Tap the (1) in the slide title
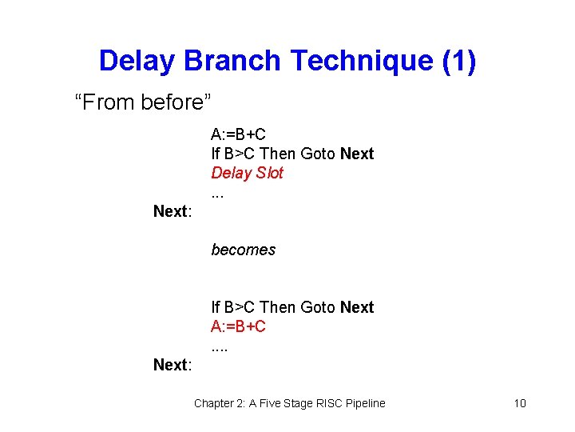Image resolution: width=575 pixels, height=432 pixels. [458, 61]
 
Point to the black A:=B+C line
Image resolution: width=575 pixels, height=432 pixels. [238, 134]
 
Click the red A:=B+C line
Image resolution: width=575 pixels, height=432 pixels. [238, 326]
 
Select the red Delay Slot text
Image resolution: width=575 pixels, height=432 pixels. [247, 173]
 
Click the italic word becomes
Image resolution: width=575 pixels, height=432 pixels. [243, 250]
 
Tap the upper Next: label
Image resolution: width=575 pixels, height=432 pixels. [172, 211]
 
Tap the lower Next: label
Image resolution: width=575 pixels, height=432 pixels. [172, 365]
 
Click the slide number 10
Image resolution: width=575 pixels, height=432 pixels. [520, 403]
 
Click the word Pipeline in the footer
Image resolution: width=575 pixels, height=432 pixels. [363, 403]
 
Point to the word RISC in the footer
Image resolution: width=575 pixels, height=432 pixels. [323, 403]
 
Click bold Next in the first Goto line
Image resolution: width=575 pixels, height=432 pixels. [356, 154]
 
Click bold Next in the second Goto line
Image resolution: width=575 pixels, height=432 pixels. [356, 307]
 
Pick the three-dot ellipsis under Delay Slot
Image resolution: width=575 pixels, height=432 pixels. [216, 194]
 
